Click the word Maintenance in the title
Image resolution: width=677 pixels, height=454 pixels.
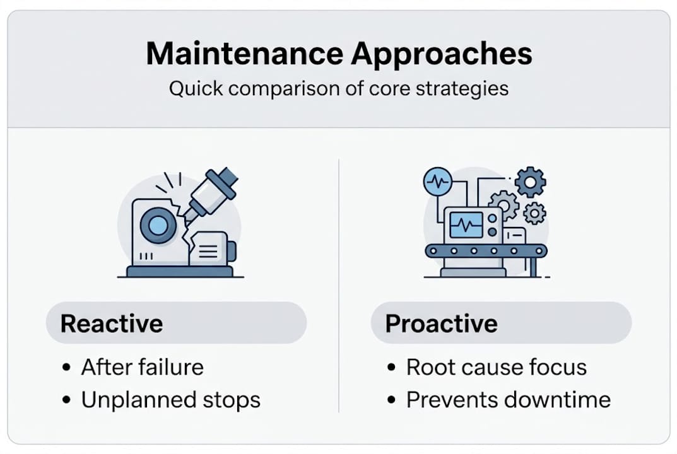pos(244,54)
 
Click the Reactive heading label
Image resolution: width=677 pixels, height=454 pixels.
pos(112,323)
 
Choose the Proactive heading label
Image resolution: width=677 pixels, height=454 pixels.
pos(441,323)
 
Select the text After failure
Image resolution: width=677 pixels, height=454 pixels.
pos(142,367)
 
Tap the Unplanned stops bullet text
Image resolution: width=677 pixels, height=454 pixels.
pos(170,400)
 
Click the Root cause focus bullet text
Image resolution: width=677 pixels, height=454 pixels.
pos(496,367)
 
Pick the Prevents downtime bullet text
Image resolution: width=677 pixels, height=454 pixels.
pos(508,400)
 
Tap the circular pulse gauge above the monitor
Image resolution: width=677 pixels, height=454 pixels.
pos(437,182)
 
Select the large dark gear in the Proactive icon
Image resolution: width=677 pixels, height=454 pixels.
pos(529,182)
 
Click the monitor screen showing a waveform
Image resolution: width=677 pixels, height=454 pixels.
pos(467,224)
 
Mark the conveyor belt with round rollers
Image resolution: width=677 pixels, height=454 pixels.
pos(486,251)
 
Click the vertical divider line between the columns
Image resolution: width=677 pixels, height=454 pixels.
pos(339,284)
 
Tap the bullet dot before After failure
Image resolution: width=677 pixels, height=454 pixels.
pos(67,368)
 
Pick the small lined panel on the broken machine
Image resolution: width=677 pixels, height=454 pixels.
pos(206,250)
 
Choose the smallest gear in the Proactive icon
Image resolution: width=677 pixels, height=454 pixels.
pos(534,213)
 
